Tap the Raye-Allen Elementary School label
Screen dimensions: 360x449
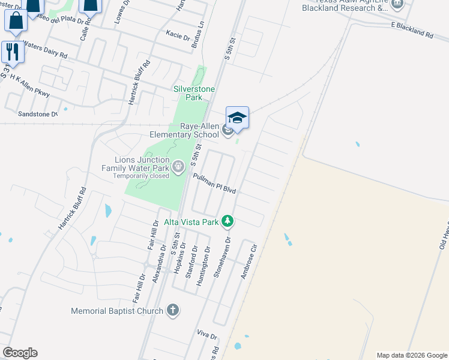point(200,130)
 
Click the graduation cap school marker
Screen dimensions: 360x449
point(237,117)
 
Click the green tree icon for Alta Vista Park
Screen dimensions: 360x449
point(228,221)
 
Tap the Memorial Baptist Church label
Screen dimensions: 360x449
point(117,311)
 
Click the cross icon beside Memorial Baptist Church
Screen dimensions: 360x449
point(173,310)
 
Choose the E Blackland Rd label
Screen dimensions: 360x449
point(412,31)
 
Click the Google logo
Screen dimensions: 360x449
point(20,353)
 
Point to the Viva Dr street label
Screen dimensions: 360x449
point(206,332)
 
